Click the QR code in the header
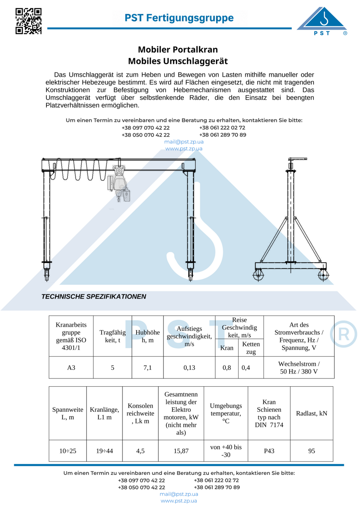click(28, 21)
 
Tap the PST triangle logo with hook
click(322, 21)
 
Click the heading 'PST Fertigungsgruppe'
click(179, 18)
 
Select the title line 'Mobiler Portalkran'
click(178, 50)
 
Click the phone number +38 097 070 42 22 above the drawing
click(145, 128)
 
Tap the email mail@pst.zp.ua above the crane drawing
click(184, 142)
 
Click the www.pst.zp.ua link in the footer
click(179, 501)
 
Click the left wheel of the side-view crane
click(258, 275)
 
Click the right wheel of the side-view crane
click(323, 275)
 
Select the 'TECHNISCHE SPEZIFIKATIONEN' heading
click(94, 297)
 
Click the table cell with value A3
click(71, 368)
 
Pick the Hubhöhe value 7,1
click(148, 368)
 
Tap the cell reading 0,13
click(189, 368)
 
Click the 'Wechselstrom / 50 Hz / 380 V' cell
click(299, 368)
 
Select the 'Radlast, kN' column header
click(312, 413)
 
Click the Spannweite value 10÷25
click(67, 451)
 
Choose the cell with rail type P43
click(269, 451)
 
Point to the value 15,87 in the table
click(181, 451)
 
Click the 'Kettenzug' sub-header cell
click(251, 348)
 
